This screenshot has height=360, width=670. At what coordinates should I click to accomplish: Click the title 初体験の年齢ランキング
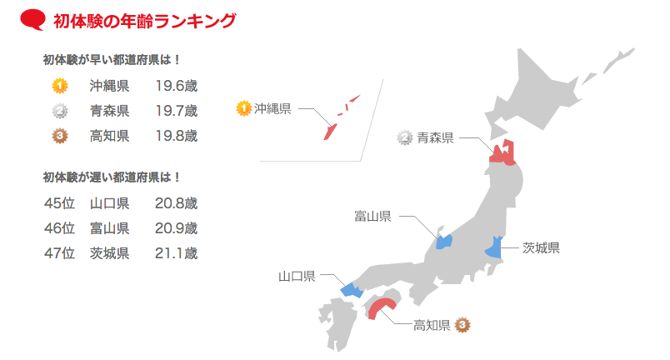point(143,21)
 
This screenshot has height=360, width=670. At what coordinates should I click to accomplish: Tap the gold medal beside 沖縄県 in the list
point(60,85)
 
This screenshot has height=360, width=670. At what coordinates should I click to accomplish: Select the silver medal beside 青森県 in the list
point(60,111)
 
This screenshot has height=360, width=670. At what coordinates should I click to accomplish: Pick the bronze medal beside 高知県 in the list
point(60,136)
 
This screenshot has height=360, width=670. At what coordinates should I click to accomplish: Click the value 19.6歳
point(176,86)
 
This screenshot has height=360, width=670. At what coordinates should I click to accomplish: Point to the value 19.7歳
point(176,111)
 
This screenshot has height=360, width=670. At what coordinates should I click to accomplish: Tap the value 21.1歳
point(176,253)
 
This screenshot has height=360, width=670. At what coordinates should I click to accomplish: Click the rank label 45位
point(59,203)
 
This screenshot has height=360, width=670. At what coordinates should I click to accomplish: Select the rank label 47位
point(59,253)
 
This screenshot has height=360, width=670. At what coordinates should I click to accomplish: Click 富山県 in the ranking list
point(109,228)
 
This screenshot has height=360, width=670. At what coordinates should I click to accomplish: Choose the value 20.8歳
point(176,203)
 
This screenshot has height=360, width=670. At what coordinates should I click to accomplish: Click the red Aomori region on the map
point(502,152)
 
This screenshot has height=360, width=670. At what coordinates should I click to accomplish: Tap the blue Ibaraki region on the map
point(494,247)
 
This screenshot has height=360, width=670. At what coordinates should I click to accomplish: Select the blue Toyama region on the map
point(443,242)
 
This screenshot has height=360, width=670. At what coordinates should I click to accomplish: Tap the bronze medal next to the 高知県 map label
point(462,325)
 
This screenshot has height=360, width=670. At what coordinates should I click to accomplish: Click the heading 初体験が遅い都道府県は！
point(112,177)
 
